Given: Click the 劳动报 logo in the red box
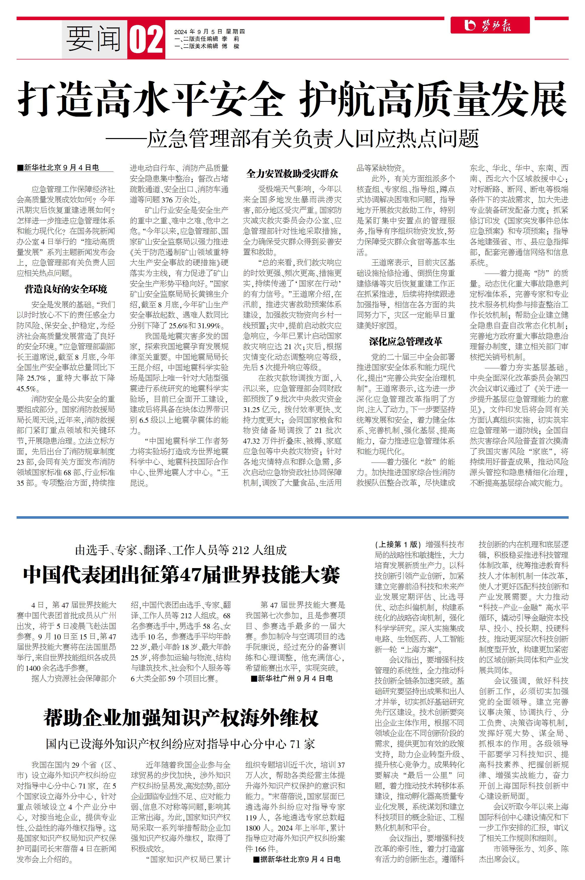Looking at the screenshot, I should click(x=489, y=25).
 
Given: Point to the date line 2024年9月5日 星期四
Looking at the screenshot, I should click(x=209, y=32).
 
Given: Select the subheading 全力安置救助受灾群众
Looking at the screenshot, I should click(x=292, y=173).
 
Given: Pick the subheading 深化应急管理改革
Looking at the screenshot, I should click(x=406, y=341).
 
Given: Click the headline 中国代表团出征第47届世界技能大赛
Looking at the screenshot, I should click(x=181, y=575).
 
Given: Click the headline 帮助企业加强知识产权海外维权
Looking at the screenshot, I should click(x=181, y=718).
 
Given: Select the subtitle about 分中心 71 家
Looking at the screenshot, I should click(x=181, y=744).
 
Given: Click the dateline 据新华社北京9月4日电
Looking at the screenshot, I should click(x=297, y=859).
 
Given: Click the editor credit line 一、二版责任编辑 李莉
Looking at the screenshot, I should click(x=207, y=39).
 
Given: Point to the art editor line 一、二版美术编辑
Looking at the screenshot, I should click(x=207, y=46).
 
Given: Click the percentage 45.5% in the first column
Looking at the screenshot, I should click(x=27, y=388).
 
